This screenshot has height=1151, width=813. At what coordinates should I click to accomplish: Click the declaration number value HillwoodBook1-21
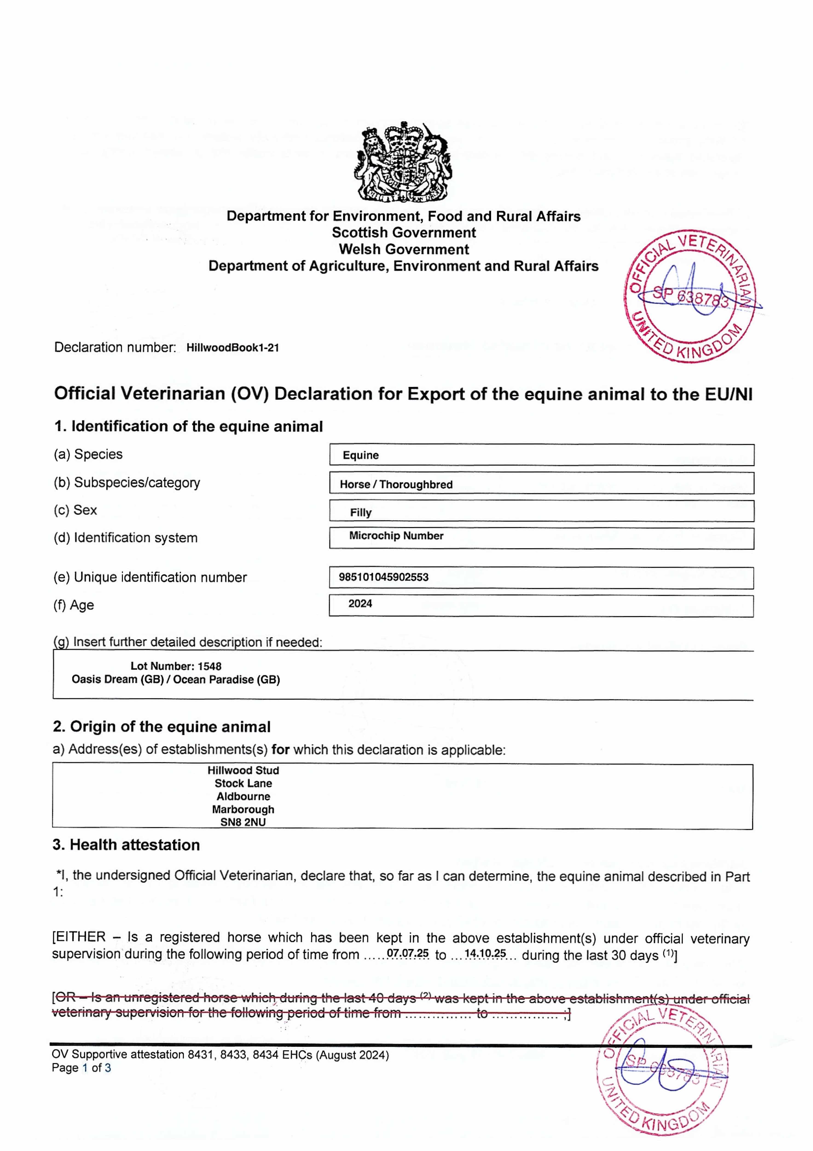[233, 348]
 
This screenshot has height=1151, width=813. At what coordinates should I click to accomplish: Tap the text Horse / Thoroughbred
[396, 484]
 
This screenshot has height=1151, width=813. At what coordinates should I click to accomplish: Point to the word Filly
[361, 512]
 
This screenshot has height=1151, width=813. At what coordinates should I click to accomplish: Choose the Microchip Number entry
[396, 536]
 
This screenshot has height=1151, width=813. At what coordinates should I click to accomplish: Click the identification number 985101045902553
[383, 577]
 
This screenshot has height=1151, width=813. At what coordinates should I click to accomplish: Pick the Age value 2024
[360, 604]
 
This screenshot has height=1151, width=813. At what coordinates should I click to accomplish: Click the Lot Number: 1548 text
[176, 666]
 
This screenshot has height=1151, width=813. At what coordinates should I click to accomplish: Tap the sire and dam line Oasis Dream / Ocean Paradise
[176, 680]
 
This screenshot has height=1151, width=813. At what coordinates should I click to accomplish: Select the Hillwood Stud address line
[243, 770]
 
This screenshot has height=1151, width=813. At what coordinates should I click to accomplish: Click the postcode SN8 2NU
[243, 822]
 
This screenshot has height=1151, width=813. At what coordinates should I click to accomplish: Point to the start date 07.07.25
[408, 953]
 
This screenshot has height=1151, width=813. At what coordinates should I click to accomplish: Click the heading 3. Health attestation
[126, 845]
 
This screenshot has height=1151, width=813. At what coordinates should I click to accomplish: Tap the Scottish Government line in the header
[403, 233]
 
